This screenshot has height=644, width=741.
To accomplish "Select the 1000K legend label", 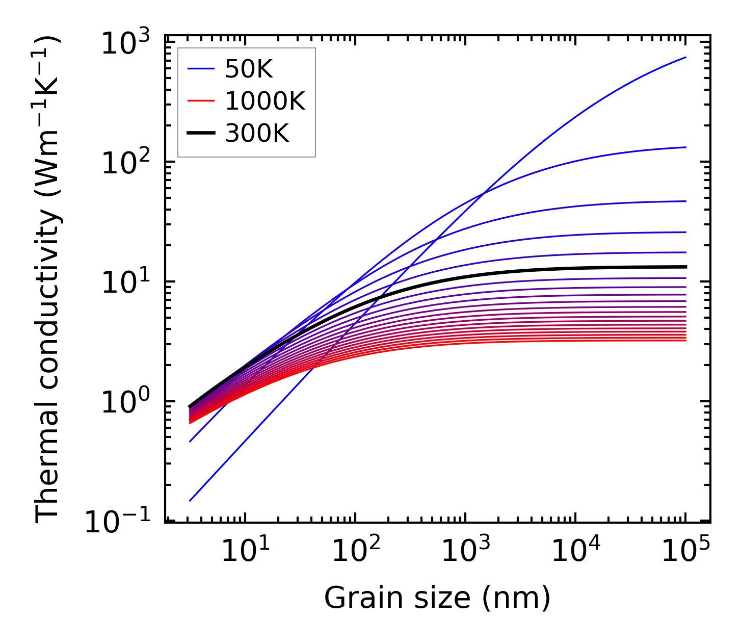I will point(265,102).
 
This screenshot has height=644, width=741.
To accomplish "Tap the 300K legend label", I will point(257,134).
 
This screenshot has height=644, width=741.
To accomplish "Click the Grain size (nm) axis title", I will point(437,598).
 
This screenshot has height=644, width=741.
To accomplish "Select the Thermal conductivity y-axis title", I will point(48,279).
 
